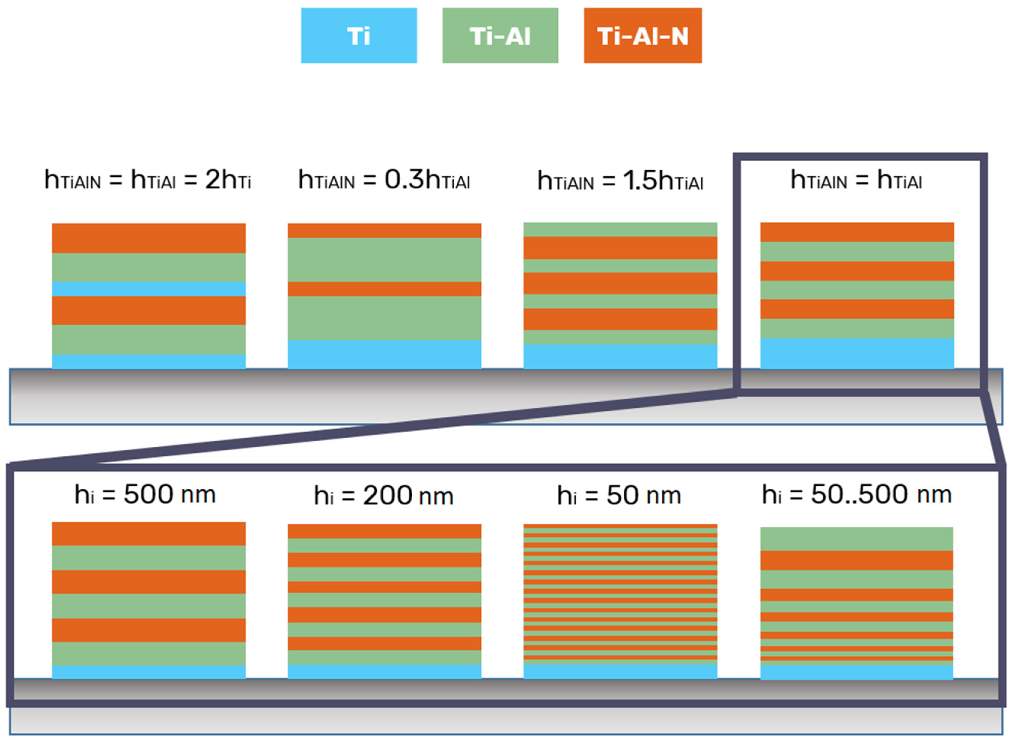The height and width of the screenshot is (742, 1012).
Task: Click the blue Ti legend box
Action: pyautogui.click(x=358, y=35)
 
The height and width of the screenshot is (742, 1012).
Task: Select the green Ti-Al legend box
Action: pyautogui.click(x=500, y=35)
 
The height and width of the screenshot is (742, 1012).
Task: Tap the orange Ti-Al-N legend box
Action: pyautogui.click(x=642, y=35)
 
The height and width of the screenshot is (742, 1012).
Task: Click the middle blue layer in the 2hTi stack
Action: pyautogui.click(x=149, y=289)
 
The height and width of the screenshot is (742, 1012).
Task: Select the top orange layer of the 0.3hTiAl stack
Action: pyautogui.click(x=385, y=230)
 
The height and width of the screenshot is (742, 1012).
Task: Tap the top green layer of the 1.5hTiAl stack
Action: pyautogui.click(x=620, y=230)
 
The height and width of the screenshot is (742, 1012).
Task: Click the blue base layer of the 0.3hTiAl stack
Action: pyautogui.click(x=385, y=354)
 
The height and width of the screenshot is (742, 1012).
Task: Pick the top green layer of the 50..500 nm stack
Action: pyautogui.click(x=857, y=539)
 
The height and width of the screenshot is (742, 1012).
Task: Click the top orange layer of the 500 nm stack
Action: pyautogui.click(x=149, y=534)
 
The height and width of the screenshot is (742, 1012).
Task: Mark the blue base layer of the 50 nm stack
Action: pyautogui.click(x=620, y=671)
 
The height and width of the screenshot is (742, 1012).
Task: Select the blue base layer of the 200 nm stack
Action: pyautogui.click(x=385, y=671)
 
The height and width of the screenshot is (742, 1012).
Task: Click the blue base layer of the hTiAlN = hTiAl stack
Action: pyautogui.click(x=857, y=354)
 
